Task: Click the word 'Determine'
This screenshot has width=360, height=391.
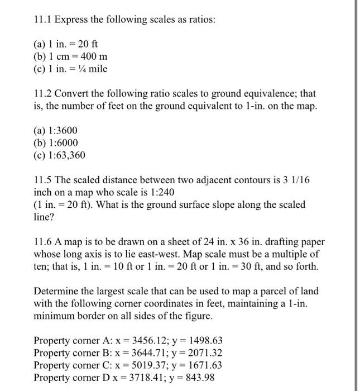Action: (56, 291)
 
